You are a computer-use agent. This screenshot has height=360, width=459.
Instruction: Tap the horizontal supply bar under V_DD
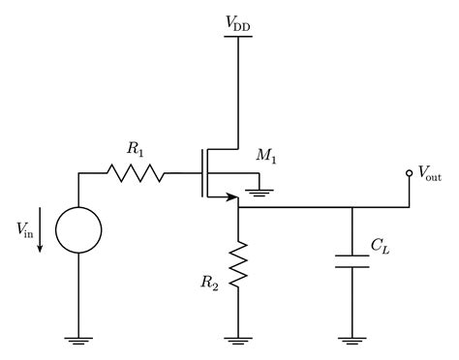[x=237, y=36]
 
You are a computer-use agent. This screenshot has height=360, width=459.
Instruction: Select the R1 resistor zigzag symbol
[x=136, y=174]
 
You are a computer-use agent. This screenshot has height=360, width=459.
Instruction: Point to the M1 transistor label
[x=266, y=156]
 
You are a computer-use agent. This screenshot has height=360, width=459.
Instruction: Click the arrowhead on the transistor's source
[x=232, y=199]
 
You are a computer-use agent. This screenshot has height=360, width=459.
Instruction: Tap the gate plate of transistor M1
[x=199, y=174]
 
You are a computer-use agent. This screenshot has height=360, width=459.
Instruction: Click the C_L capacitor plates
[x=352, y=260]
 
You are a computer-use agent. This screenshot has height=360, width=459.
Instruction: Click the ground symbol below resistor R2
[x=237, y=339]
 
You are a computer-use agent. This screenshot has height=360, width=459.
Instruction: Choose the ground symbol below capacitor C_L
[x=352, y=339]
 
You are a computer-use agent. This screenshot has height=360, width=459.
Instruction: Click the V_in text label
[x=27, y=228]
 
